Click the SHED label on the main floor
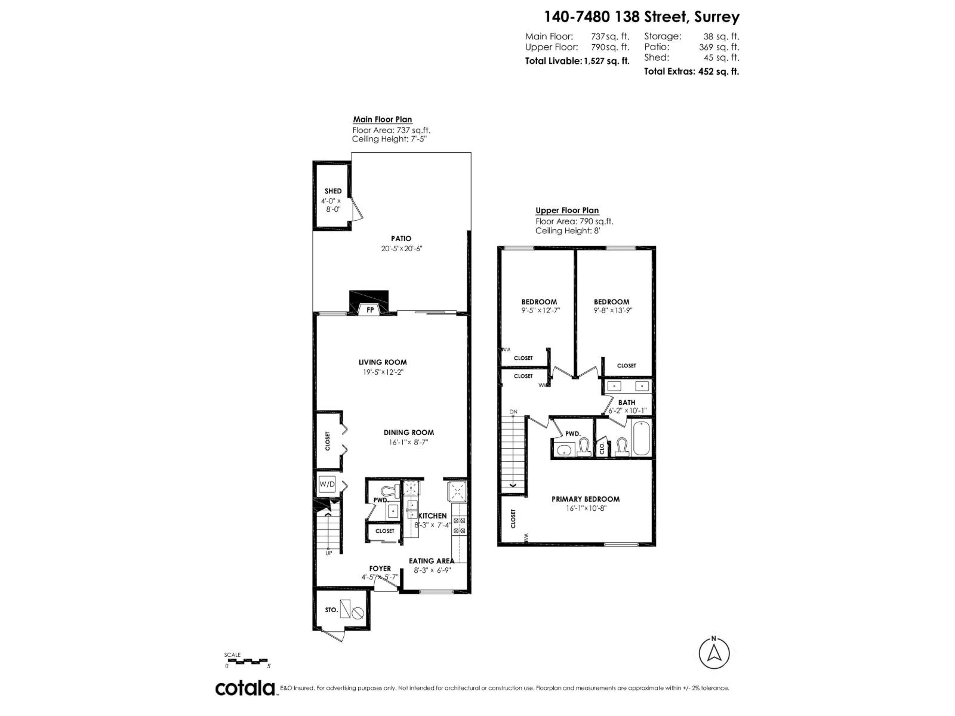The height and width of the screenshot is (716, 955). coord(333,191)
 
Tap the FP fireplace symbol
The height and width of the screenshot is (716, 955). coord(370,310)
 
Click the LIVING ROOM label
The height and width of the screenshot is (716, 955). coord(383,362)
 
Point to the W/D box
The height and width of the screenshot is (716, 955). coord(327,484)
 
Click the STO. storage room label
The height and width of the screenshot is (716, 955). coord(331,610)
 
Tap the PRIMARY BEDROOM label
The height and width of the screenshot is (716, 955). coord(585,499)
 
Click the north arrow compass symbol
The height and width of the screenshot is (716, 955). coord(714,653)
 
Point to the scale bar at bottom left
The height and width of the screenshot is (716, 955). coord(248,661)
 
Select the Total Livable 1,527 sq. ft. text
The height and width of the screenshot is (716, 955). coord(577,61)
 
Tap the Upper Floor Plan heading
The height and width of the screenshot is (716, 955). coord(567,210)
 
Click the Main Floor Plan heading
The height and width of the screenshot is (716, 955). coord(382,119)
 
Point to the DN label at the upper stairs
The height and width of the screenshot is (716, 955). coord(513,412)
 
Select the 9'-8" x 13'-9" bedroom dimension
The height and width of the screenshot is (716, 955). coord(612,310)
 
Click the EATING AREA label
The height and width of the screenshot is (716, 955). coord(431,561)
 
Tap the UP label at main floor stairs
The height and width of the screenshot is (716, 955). coord(328,553)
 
